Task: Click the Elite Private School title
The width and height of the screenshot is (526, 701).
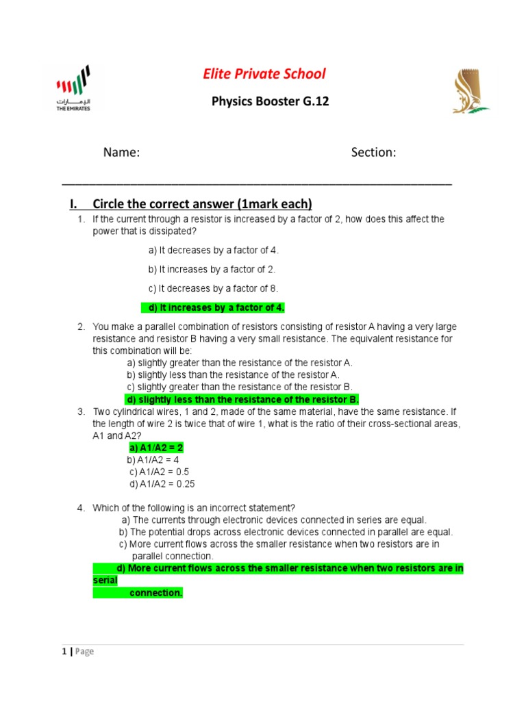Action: [x=264, y=74]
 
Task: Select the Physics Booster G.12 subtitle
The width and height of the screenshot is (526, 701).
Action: [x=271, y=101]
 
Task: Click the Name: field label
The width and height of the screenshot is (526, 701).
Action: [x=122, y=153]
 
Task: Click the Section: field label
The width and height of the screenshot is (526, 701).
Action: [x=373, y=153]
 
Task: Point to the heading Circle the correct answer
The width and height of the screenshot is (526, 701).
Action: [x=202, y=203]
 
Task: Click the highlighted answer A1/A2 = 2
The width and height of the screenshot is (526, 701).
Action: [x=156, y=448]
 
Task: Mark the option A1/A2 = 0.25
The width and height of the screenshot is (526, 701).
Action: [x=162, y=484]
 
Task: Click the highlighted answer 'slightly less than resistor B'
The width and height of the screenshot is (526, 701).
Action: [x=242, y=399]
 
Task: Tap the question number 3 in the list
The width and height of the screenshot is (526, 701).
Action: [x=80, y=411]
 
